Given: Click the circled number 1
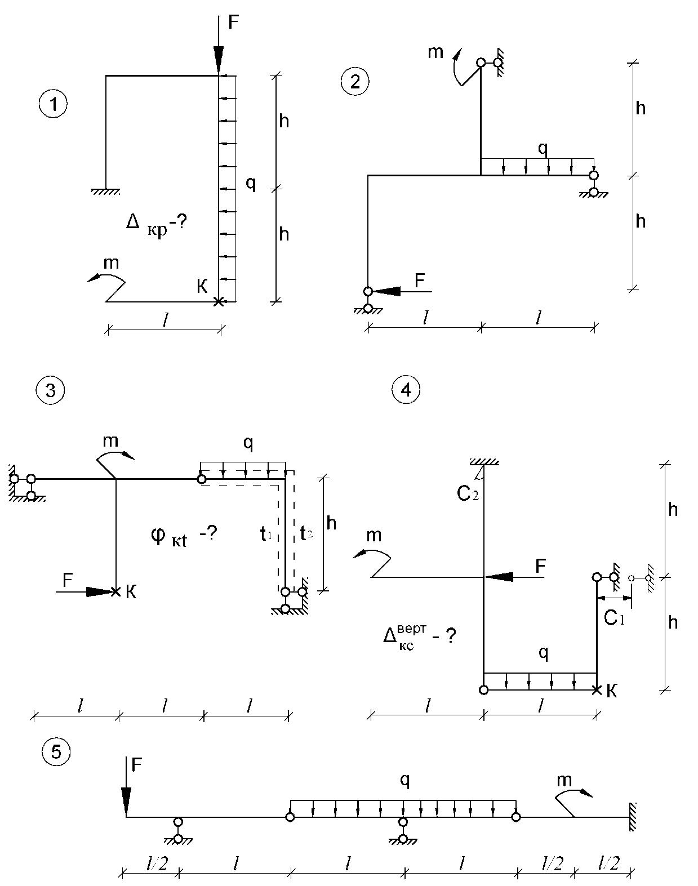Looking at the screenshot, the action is click(53, 105).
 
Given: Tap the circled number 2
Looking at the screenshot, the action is click(355, 82).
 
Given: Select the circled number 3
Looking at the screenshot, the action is click(50, 389).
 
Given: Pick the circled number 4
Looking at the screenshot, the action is click(406, 389).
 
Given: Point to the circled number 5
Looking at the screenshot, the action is click(56, 752).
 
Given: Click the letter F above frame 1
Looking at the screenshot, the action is click(233, 22).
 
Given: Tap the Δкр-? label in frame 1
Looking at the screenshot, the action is click(156, 226).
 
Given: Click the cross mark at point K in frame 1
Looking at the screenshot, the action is click(219, 302).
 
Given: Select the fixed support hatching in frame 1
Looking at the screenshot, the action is click(106, 192).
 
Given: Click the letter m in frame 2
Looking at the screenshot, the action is click(435, 52).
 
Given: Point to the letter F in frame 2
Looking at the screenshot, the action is click(420, 281).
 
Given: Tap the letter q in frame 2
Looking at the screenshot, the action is click(543, 149).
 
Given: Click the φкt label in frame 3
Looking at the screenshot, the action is click(170, 538).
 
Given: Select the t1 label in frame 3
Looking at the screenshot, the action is click(265, 534).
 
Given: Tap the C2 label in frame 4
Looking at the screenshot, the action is click(468, 493).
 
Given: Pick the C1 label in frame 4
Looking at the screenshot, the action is click(614, 618).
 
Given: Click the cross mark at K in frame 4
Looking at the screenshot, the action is click(597, 689).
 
